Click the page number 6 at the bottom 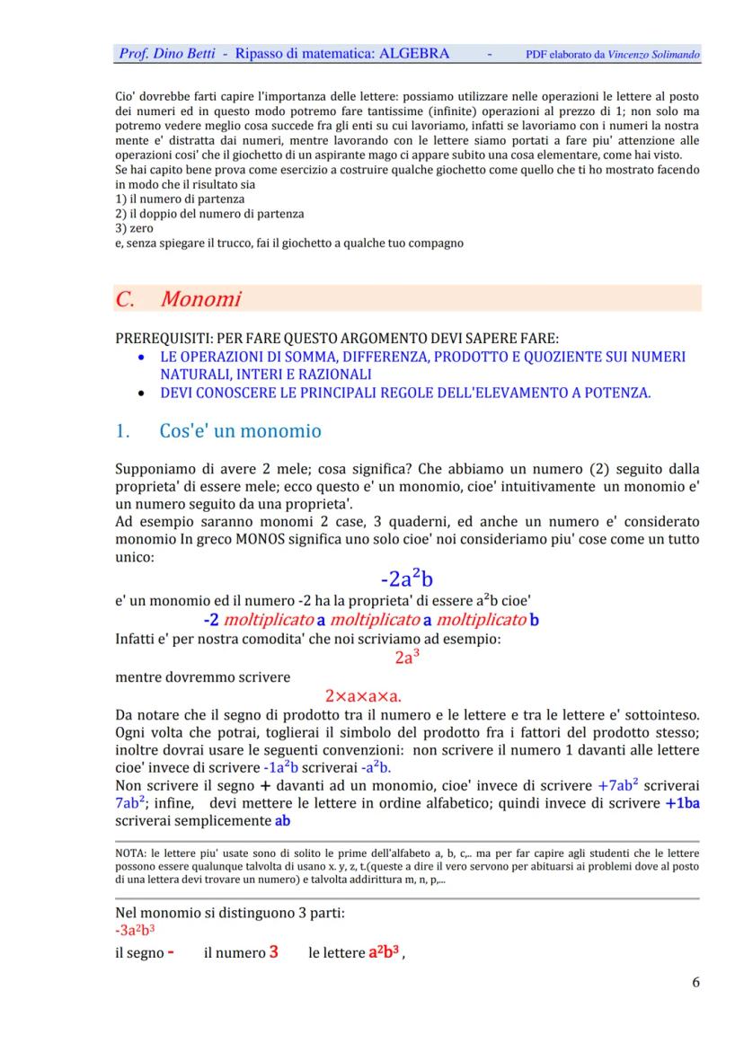coord(695,982)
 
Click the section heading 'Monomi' coord(200,299)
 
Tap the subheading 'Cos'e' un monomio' coord(240,431)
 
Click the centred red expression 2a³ coord(407,657)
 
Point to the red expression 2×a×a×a coord(363,695)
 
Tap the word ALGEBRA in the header coord(414,54)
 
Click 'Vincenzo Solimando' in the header coord(653,55)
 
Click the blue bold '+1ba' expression coord(682,803)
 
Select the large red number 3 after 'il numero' coord(273,952)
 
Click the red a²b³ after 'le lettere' coord(384,952)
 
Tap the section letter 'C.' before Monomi coord(126,299)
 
